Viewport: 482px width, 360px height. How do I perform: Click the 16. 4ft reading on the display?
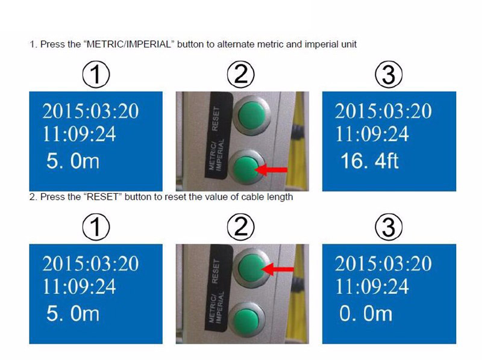point(369,161)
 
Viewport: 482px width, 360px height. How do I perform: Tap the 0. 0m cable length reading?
point(366,314)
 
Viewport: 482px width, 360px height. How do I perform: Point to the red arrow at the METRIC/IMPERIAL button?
point(272,169)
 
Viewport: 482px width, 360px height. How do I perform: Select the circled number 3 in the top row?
point(389,75)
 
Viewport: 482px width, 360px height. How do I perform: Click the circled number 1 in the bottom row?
point(96,228)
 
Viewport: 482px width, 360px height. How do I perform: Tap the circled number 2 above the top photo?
point(240,75)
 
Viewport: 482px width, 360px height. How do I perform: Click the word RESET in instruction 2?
point(102,197)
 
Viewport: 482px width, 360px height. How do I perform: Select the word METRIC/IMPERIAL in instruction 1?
point(129,44)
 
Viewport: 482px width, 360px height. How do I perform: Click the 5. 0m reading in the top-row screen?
point(73,161)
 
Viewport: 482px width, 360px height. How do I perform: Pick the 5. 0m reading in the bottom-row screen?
point(73,314)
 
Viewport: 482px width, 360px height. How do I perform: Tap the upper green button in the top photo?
point(251,115)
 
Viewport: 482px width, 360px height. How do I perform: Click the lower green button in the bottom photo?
point(248,320)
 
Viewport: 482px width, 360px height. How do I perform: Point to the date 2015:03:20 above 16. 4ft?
point(383,111)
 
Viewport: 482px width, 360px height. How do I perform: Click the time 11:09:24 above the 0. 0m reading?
point(372,287)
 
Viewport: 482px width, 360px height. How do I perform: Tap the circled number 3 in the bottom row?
point(389,228)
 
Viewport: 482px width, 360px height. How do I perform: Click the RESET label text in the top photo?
point(216,119)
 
